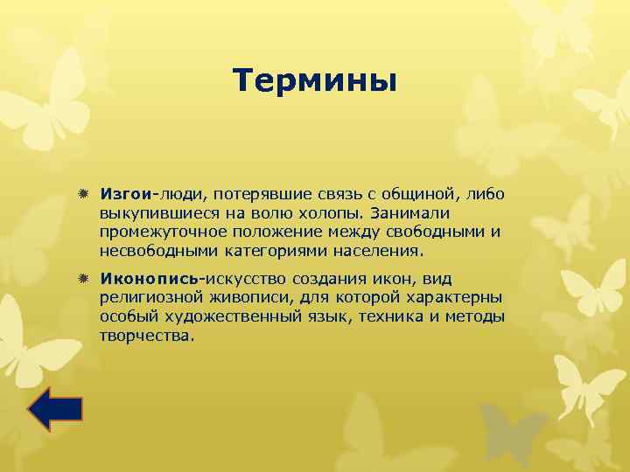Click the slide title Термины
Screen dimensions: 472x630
tap(315, 81)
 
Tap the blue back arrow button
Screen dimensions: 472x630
tap(54, 408)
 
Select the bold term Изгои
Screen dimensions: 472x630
tap(126, 192)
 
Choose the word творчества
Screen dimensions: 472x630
tap(144, 337)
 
